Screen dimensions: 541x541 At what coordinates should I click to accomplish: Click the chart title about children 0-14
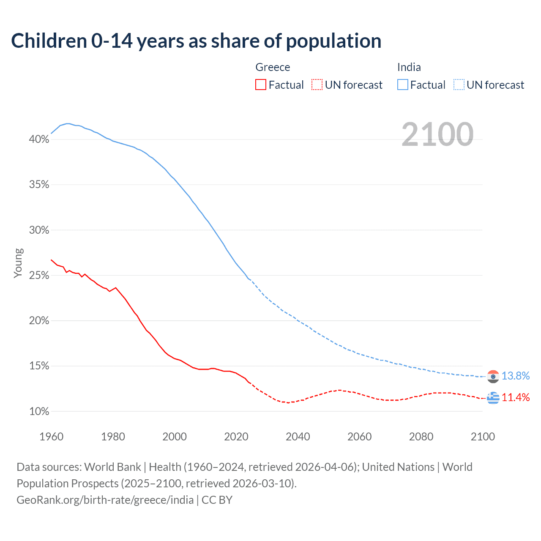pos(196,41)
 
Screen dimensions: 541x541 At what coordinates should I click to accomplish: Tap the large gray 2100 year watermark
pos(437,134)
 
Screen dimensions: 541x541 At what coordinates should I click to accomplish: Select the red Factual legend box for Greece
pos(261,85)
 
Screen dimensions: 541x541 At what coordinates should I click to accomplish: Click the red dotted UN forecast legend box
pos(317,85)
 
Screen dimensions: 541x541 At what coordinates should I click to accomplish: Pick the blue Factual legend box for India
pos(402,85)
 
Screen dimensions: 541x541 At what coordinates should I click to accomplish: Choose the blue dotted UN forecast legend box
pos(459,85)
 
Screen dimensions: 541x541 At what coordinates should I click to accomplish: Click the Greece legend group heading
pos(273,67)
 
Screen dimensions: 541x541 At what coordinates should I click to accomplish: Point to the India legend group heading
pos(409,67)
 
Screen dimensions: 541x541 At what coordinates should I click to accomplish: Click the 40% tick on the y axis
pos(39,139)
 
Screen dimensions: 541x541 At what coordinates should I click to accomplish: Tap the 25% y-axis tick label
pos(39,275)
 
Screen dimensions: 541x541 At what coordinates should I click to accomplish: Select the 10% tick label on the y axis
pos(39,411)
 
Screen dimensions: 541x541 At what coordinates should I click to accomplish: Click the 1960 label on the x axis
pos(51,437)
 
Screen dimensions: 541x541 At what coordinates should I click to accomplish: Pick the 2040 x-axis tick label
pos(298,437)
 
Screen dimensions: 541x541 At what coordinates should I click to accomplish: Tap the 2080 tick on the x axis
pos(421,437)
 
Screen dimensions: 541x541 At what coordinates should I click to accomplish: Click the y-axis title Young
pos(18,263)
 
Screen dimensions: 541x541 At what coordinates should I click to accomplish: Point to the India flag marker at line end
pos(493,376)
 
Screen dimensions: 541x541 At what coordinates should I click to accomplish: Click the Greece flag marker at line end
pos(493,398)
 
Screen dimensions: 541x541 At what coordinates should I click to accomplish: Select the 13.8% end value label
pos(515,376)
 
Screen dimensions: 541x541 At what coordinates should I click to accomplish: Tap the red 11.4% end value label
pos(515,397)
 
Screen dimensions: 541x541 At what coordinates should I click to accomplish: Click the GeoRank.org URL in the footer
pos(105,500)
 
